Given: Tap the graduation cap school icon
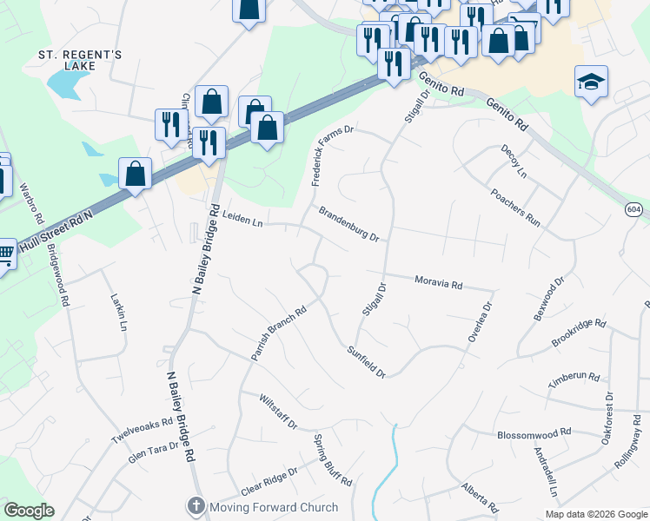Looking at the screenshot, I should click(591, 82).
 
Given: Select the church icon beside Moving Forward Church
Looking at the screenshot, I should click(196, 505).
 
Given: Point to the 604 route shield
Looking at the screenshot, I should click(633, 209).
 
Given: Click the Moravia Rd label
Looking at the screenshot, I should click(439, 282).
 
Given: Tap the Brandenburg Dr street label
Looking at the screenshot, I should click(348, 224).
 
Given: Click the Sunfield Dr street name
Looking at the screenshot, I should click(366, 361).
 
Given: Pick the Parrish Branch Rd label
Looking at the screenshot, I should click(279, 333).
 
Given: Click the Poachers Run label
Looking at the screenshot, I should click(514, 208).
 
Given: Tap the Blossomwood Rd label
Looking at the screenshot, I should click(534, 432).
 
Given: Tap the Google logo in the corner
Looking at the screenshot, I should click(29, 511).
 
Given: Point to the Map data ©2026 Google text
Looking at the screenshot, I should click(595, 514).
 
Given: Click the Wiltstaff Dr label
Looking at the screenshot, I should click(278, 412).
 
